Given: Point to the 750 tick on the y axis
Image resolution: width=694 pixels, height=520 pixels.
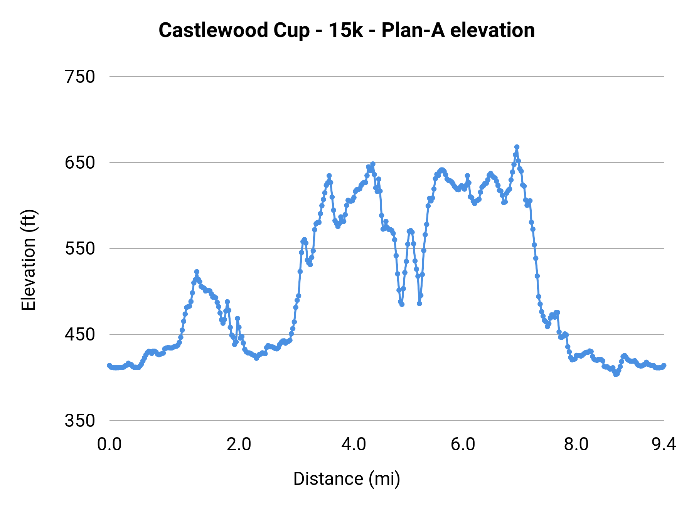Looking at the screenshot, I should coord(80,77).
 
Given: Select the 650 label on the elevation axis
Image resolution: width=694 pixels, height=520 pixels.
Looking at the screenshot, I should coord(80,163).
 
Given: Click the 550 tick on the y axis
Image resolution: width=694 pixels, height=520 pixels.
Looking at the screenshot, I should coord(80,248).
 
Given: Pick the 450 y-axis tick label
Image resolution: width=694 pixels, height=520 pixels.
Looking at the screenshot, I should coord(80,334).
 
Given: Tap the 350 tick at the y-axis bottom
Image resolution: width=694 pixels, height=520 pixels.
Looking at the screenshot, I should coord(80,420).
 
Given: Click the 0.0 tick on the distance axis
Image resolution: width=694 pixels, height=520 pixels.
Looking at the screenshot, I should coord(109,445).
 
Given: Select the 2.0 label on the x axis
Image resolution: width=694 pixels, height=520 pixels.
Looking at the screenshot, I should coord(239,445).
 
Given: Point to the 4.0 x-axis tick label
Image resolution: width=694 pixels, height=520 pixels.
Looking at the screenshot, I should coord(354,445).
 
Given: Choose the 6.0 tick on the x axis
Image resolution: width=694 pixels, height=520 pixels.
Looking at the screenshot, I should coord(463,445).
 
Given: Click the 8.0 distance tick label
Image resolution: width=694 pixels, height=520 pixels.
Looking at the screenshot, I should coord(576,445).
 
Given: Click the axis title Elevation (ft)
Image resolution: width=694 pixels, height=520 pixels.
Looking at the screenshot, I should coord(29,260).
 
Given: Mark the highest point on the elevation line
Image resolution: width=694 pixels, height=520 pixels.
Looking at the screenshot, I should coord(517,147).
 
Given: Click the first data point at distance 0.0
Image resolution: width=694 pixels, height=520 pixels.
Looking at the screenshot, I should coord(109,365).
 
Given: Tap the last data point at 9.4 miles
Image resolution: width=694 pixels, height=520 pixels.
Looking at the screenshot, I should coord(664,365).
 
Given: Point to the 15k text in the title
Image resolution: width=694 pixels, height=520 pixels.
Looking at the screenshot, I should coord(345,30).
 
